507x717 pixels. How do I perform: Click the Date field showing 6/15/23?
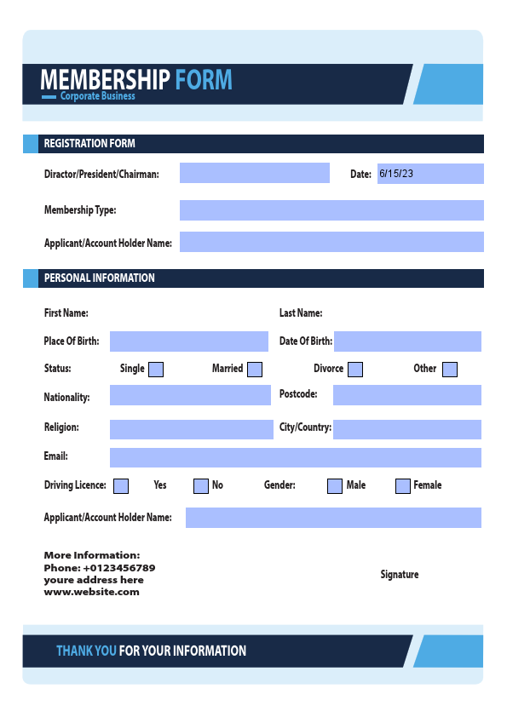click(x=430, y=174)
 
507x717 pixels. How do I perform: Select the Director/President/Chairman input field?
click(x=254, y=173)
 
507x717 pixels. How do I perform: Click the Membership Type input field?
click(x=331, y=210)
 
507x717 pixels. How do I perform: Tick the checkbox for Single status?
click(x=156, y=370)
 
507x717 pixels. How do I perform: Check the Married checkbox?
click(x=254, y=370)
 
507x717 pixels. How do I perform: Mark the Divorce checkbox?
click(x=355, y=370)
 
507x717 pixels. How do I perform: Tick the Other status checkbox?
click(x=450, y=370)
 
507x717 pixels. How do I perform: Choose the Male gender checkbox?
click(x=335, y=486)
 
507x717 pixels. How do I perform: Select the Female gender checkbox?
click(x=403, y=486)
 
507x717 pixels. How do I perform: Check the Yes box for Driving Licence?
click(x=121, y=486)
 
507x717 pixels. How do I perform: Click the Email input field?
click(x=295, y=457)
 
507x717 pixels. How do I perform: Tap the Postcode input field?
click(x=406, y=395)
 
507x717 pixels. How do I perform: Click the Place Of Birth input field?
click(x=188, y=341)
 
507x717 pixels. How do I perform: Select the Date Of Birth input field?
click(x=407, y=341)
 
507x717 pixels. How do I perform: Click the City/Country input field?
click(x=406, y=429)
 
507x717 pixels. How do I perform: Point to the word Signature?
click(x=399, y=575)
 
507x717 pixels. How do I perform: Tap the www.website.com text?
click(x=91, y=592)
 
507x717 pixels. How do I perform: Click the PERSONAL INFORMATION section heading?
click(x=99, y=278)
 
